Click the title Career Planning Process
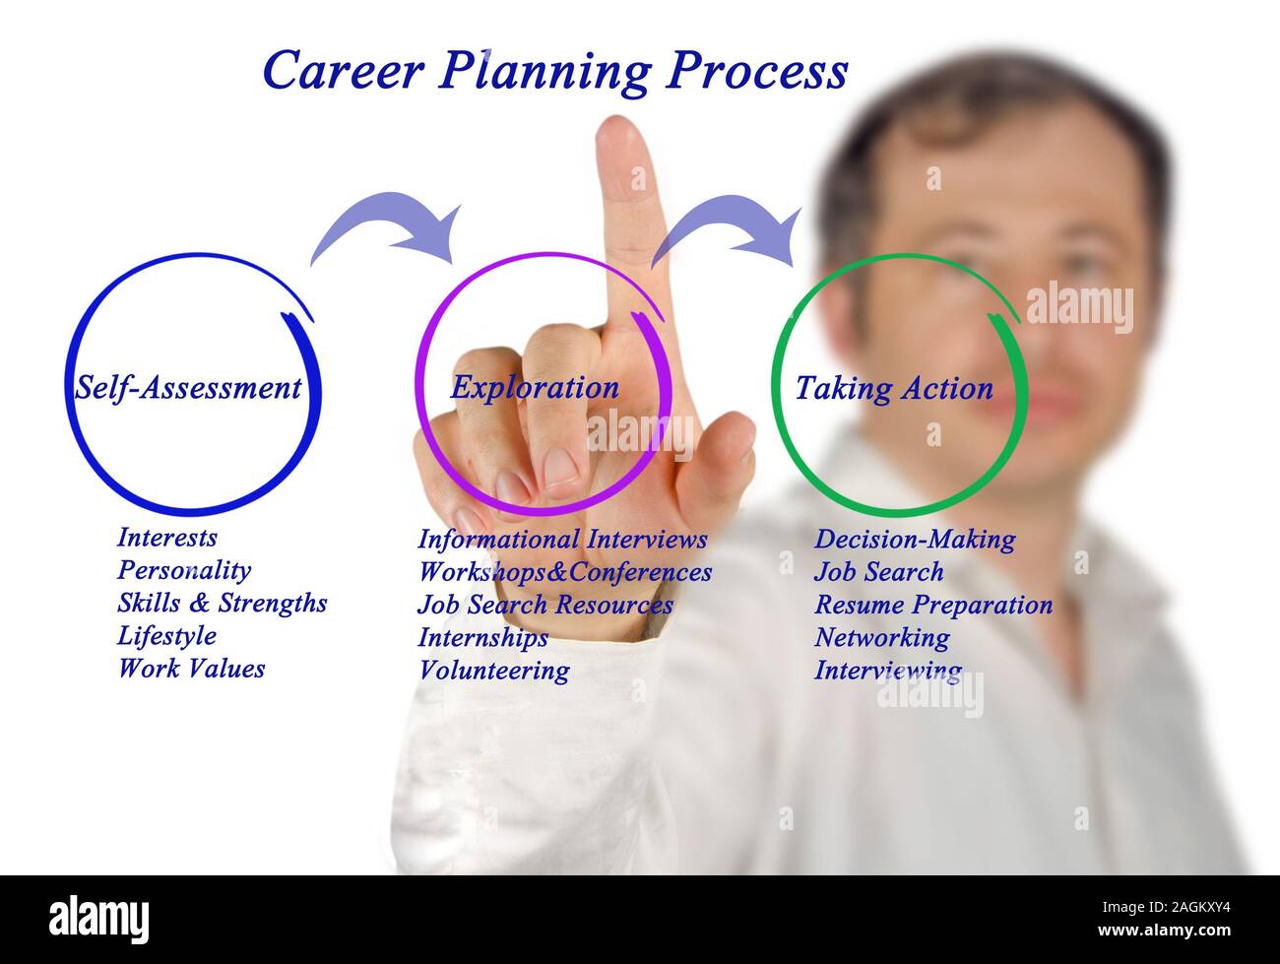click(x=555, y=71)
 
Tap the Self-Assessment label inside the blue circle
click(x=188, y=388)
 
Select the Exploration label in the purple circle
click(x=535, y=388)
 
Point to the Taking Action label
click(x=894, y=389)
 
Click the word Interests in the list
click(x=167, y=537)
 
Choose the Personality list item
click(x=184, y=571)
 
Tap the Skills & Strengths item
click(x=223, y=604)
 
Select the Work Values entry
click(x=191, y=669)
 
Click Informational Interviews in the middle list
click(x=563, y=539)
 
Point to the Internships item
click(x=482, y=637)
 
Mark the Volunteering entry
click(x=494, y=671)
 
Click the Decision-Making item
click(x=915, y=540)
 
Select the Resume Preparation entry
click(x=933, y=605)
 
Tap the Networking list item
click(x=882, y=638)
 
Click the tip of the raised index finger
click(x=616, y=118)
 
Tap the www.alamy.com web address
click(x=1164, y=930)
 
